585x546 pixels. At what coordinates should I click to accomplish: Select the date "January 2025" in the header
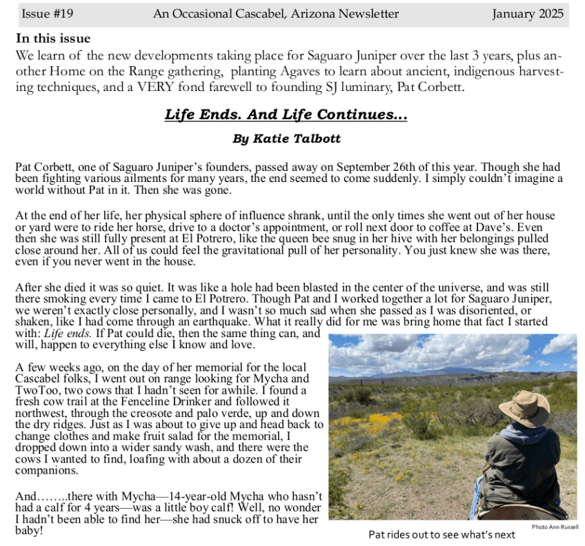528,14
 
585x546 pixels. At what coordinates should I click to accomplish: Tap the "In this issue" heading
53,39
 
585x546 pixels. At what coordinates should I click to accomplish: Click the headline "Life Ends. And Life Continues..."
286,114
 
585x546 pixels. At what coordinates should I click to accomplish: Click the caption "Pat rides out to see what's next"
442,534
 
